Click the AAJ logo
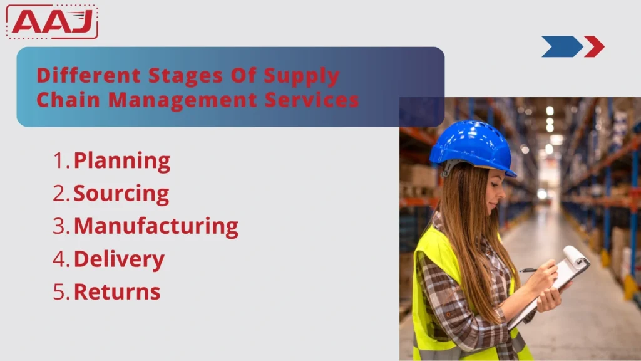(x=53, y=22)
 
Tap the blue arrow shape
(x=561, y=46)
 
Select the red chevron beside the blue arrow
(x=594, y=46)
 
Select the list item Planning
(x=122, y=161)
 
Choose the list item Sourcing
(x=121, y=194)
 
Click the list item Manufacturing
(x=156, y=226)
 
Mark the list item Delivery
(x=119, y=259)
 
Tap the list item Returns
(x=117, y=291)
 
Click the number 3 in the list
(x=59, y=226)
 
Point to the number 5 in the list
(x=59, y=291)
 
